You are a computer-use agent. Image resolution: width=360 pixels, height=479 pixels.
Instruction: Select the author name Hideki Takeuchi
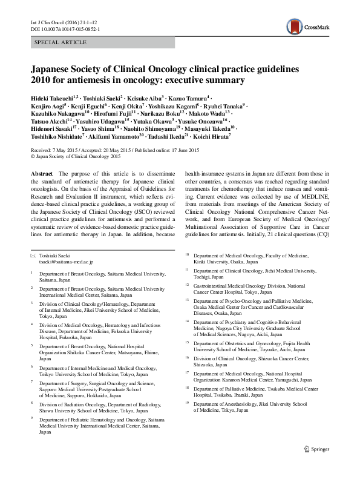click(51, 97)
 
